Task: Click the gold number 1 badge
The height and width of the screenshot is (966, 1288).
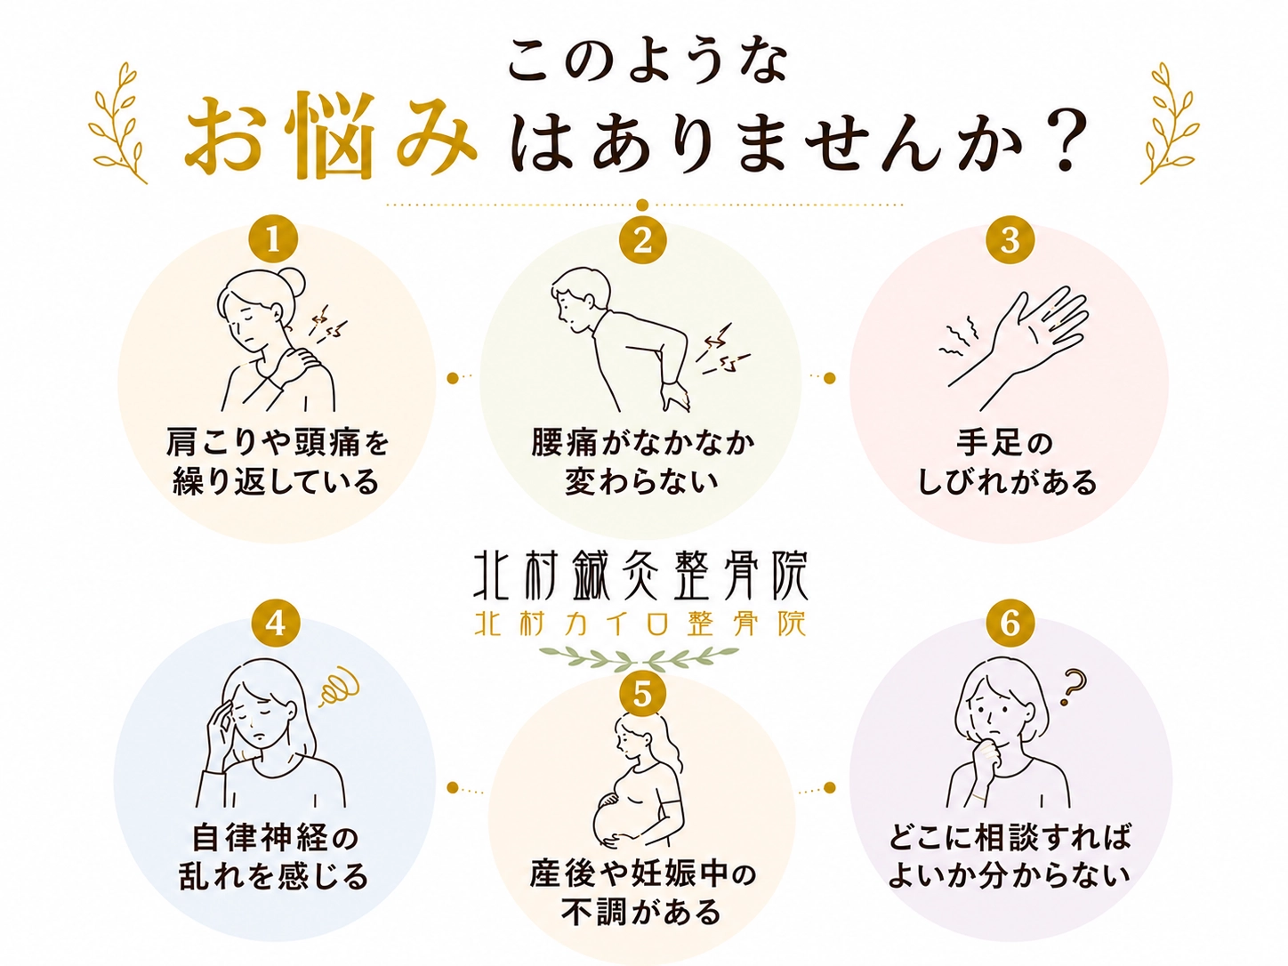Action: tap(273, 241)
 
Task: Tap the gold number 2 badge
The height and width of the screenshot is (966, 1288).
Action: tap(642, 240)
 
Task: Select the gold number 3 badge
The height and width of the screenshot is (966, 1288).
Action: tap(1010, 240)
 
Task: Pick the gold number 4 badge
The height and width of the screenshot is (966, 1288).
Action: tap(275, 624)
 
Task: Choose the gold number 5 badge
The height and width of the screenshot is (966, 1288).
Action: tap(642, 696)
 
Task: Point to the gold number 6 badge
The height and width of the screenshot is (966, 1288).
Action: tap(1010, 624)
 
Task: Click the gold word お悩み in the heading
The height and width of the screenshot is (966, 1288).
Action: tap(330, 136)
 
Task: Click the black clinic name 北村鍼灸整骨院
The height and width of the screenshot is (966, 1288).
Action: tap(640, 576)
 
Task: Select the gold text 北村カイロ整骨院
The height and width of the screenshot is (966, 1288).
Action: tap(640, 624)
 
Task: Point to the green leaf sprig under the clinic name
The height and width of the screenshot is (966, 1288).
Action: tap(639, 658)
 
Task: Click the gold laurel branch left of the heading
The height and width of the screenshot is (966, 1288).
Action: tap(117, 122)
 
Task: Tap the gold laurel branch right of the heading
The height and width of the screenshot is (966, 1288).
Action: tap(1169, 122)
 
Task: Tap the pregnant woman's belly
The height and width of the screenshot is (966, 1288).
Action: tap(616, 818)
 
